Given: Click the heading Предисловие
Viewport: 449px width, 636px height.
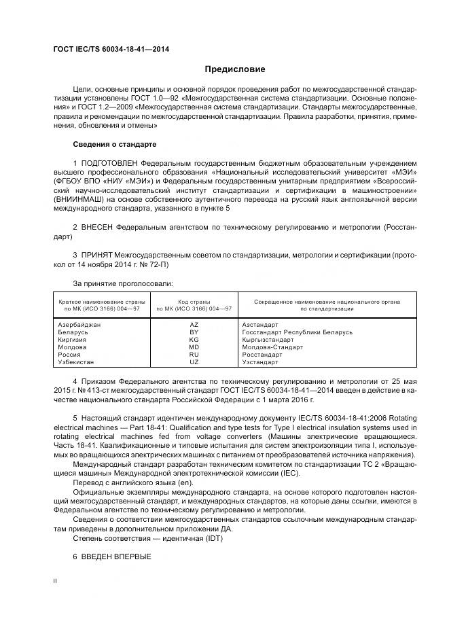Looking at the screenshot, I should pos(235,69).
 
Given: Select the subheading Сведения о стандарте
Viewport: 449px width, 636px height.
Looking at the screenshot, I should pos(114,145).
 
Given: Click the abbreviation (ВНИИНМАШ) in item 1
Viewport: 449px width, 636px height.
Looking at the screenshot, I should pos(80,199).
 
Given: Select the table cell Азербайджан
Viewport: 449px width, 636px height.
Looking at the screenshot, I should pos(79,325).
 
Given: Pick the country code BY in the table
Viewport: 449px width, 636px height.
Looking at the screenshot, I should pos(194,332).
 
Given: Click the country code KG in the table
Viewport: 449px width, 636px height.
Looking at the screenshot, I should pos(194,340).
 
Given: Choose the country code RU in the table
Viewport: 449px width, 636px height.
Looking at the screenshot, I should pos(194,355).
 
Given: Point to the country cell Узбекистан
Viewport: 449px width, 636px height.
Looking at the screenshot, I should pos(77,362).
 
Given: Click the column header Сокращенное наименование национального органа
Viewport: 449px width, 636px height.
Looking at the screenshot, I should pos(326,301).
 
